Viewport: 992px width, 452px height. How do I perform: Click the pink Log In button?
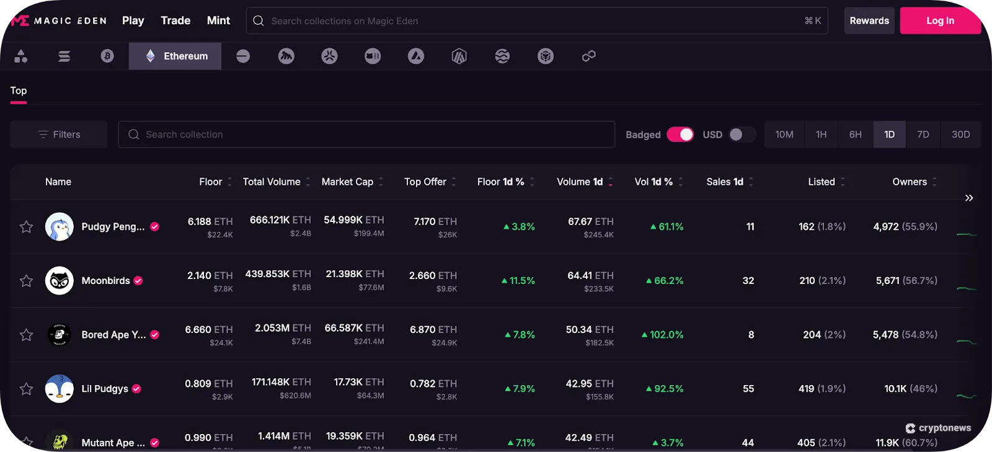(x=940, y=20)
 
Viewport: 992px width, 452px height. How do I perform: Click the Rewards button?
(x=869, y=20)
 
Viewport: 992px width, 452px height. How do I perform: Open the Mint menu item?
(x=218, y=20)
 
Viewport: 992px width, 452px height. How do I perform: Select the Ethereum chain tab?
(x=175, y=56)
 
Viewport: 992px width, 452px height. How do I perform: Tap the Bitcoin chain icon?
(x=107, y=56)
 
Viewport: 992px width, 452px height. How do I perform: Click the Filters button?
(x=59, y=135)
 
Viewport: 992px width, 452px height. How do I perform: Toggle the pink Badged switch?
(x=680, y=135)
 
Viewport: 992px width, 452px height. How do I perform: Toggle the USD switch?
(x=741, y=135)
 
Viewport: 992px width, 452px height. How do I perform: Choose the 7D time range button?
(x=923, y=135)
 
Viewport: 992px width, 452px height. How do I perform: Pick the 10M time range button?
(x=784, y=135)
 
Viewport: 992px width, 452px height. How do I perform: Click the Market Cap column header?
(x=348, y=182)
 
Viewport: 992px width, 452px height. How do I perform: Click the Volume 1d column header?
(x=580, y=182)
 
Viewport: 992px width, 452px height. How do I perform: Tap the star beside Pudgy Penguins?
(x=26, y=227)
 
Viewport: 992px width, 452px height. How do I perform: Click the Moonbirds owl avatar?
(x=60, y=281)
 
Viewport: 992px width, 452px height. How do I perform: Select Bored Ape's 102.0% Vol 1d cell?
(x=663, y=335)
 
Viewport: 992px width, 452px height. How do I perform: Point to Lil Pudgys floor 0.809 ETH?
(x=208, y=384)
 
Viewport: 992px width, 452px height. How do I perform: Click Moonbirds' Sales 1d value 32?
(x=748, y=281)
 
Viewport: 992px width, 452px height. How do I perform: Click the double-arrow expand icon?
(x=969, y=198)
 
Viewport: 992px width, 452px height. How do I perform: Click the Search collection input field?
(x=366, y=135)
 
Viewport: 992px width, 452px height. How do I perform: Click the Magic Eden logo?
(x=58, y=20)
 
